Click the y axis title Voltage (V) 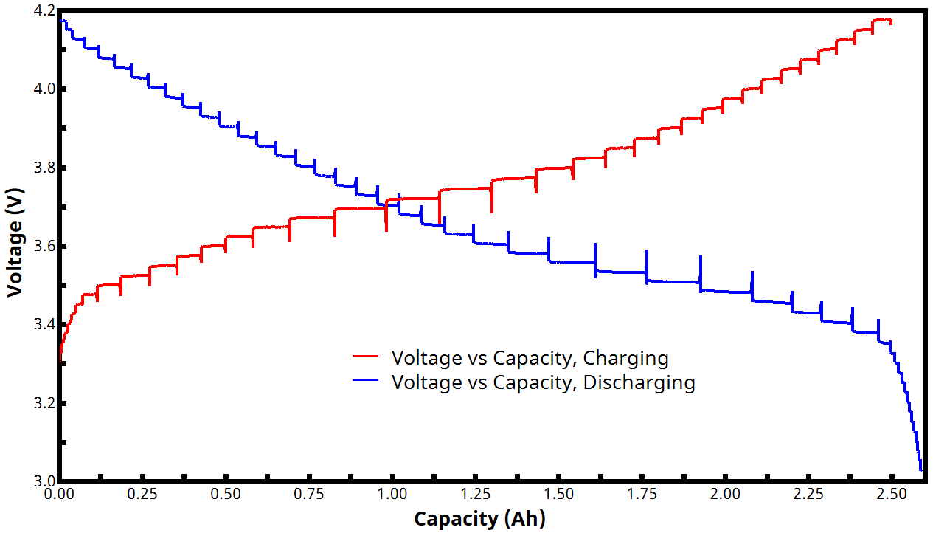(14, 243)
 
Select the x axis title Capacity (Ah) (479, 519)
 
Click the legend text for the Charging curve (530, 358)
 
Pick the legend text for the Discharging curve (543, 382)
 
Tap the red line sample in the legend (366, 357)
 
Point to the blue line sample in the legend (366, 381)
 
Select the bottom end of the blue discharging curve (921, 469)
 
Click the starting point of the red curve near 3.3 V (60, 361)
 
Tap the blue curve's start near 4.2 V (61, 20)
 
